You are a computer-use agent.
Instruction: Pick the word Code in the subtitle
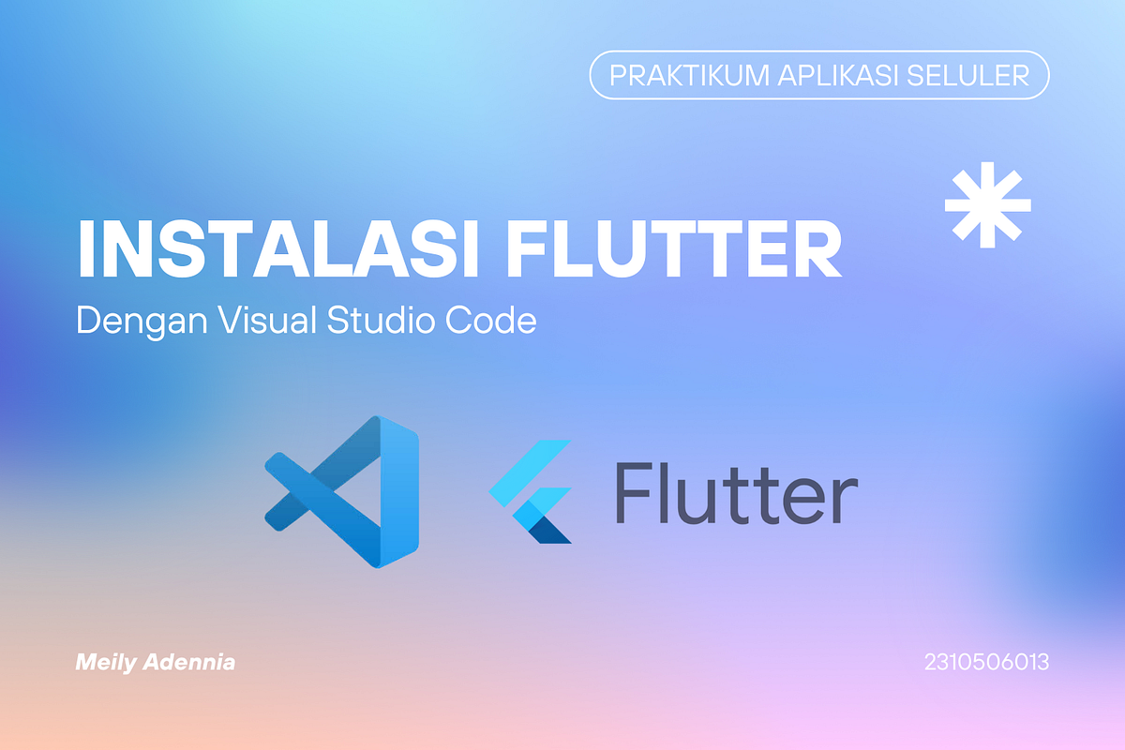[x=497, y=321]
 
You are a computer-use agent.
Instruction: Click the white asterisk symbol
[x=987, y=208]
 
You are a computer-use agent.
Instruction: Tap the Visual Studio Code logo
[x=342, y=491]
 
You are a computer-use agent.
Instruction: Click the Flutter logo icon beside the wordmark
[x=532, y=491]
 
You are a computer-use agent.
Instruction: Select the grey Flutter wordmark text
[x=735, y=491]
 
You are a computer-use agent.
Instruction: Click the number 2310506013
[x=985, y=663]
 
